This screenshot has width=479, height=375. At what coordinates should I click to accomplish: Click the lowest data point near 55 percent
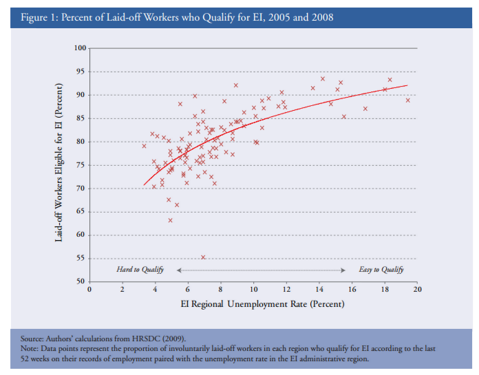(x=203, y=257)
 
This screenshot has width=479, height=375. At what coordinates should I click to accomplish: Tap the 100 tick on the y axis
(x=80, y=49)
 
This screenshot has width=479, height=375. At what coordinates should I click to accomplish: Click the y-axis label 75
(x=82, y=165)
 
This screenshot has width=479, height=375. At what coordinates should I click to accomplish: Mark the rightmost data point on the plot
(x=408, y=100)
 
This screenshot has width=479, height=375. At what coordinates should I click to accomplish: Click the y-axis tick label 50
(x=82, y=281)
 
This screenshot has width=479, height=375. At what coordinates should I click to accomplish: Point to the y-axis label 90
(x=82, y=95)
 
